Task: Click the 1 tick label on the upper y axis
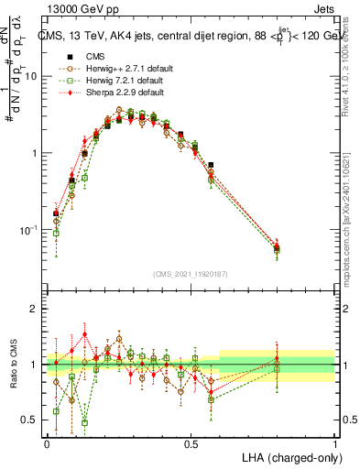pyautogui.click(x=35, y=153)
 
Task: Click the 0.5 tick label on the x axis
pyautogui.click(x=191, y=443)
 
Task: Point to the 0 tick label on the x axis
pyautogui.click(x=47, y=443)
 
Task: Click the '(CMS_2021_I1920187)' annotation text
pyautogui.click(x=191, y=274)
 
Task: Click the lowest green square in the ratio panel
pyautogui.click(x=84, y=423)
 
